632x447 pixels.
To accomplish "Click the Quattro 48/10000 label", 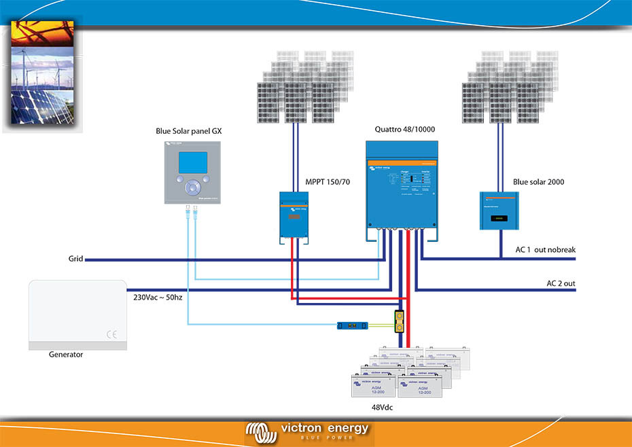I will [404, 129].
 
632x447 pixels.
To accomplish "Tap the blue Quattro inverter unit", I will [402, 184].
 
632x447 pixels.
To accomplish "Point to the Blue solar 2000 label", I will [538, 182].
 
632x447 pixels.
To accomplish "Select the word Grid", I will [75, 260].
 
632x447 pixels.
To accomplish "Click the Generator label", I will [66, 355].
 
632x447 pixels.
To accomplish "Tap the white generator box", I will [77, 315].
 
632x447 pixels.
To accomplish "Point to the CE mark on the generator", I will [112, 334].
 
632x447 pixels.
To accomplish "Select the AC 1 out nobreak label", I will [545, 250].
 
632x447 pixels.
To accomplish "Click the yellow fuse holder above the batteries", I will [401, 321].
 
